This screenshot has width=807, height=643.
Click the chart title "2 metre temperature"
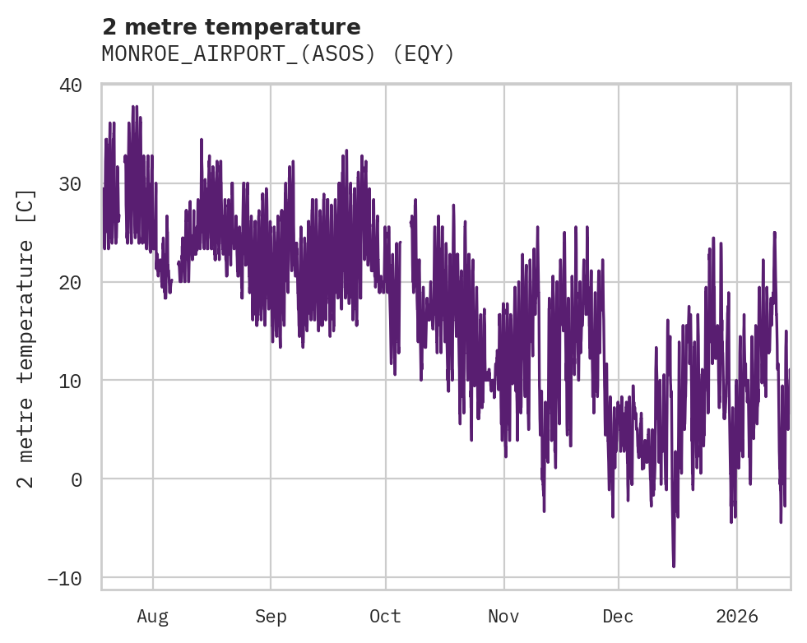click(231, 27)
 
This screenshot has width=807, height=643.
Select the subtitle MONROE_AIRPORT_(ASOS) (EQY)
click(278, 54)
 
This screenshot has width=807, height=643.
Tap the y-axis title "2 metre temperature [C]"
click(26, 338)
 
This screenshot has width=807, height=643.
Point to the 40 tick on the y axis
click(71, 86)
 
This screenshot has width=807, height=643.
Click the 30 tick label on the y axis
click(71, 183)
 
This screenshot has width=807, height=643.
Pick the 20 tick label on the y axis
click(71, 282)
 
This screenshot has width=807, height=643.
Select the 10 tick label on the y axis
click(71, 381)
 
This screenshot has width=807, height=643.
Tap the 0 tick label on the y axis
click(77, 479)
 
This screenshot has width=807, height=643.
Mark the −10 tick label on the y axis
click(65, 578)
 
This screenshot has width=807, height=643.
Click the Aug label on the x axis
click(152, 617)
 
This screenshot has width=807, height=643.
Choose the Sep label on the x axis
click(270, 617)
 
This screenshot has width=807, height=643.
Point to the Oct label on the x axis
click(385, 617)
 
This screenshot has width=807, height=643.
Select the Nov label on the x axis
click(503, 617)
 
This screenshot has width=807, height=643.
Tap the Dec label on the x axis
click(618, 617)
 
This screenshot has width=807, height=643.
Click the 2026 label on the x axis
click(736, 617)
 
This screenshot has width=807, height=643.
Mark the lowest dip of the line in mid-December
click(674, 567)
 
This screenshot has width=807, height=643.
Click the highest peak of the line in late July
click(134, 106)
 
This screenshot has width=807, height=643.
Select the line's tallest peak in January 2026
click(774, 232)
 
